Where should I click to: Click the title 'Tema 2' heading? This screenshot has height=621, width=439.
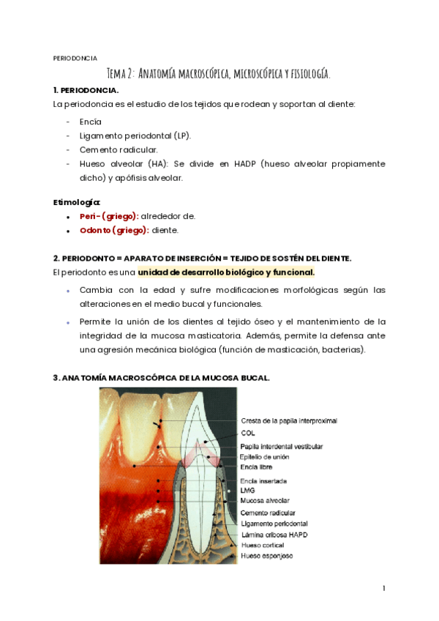click(x=219, y=73)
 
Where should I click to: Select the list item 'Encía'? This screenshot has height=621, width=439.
click(x=91, y=122)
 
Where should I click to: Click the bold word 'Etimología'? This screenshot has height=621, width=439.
click(x=77, y=201)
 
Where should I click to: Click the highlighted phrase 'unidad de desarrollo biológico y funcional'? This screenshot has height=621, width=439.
click(x=226, y=272)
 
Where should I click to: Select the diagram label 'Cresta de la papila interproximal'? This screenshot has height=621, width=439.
click(x=289, y=420)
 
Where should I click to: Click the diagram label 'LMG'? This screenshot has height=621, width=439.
click(x=247, y=491)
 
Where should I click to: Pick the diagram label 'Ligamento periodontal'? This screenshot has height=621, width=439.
click(x=274, y=524)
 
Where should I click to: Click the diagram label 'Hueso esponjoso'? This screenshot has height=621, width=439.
click(x=266, y=557)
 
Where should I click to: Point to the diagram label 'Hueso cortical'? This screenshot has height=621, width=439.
click(x=263, y=546)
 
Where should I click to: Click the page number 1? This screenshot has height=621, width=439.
click(x=383, y=588)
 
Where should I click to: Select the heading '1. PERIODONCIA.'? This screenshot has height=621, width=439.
click(x=86, y=89)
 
